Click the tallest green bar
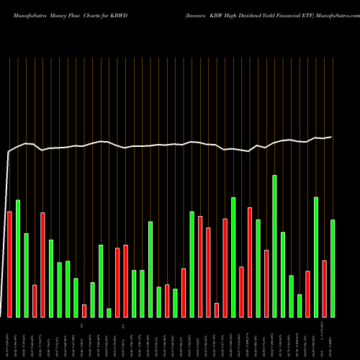point(274,246)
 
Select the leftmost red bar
point(9,264)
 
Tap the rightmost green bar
point(333,268)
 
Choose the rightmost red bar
point(325,288)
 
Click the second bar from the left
point(18,258)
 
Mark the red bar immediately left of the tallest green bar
point(266,283)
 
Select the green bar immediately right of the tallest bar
point(283,274)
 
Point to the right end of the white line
point(332,137)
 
